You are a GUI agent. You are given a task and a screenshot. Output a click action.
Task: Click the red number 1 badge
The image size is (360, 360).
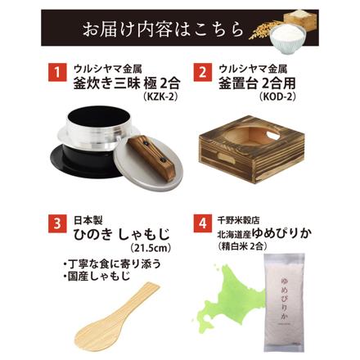tap(58, 74)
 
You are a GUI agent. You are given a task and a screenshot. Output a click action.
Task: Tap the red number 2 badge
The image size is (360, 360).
tap(201, 74)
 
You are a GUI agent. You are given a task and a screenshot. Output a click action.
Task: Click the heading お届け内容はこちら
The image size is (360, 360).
tap(164, 30)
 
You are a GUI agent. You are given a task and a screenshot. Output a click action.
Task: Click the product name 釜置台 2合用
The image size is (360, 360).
tap(261, 84)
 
